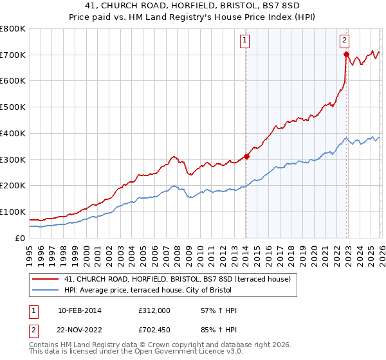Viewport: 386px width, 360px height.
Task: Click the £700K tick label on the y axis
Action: [x=12, y=55]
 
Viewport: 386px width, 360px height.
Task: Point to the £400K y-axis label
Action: [x=12, y=133]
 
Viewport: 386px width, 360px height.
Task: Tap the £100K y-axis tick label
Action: [x=12, y=212]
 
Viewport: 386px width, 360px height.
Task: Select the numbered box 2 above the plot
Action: [x=345, y=40]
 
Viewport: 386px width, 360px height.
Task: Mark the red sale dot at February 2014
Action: [x=246, y=156]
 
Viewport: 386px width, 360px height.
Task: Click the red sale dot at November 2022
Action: [x=346, y=55]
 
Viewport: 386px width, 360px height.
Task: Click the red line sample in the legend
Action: [x=46, y=279]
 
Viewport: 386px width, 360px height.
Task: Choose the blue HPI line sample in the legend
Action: [x=46, y=290]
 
